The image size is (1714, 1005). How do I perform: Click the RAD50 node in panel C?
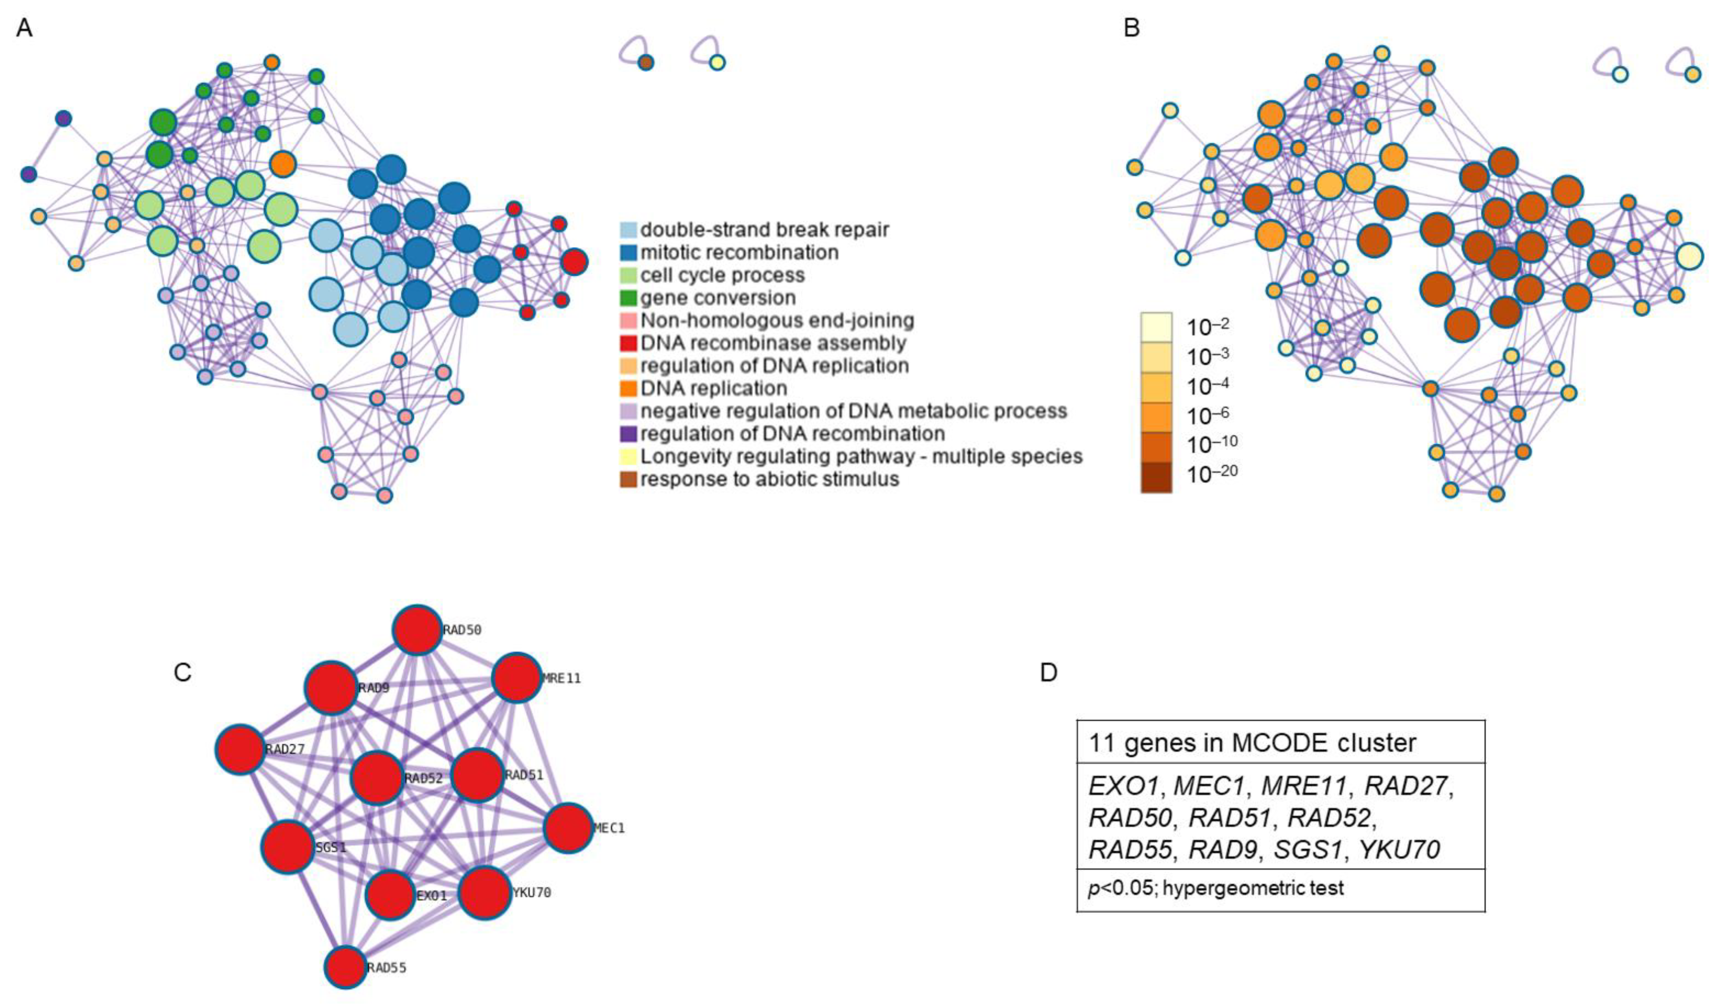417,630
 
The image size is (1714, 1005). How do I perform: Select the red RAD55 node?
346,967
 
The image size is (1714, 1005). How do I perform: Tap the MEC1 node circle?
568,828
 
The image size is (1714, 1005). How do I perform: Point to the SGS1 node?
288,847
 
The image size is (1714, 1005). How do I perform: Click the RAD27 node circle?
240,749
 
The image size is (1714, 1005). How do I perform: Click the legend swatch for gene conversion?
629,298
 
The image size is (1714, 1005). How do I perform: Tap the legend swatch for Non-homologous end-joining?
629,320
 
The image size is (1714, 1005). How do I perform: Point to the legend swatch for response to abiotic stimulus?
629,479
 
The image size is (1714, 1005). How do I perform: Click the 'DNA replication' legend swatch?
629,388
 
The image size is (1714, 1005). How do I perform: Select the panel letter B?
1132,28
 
